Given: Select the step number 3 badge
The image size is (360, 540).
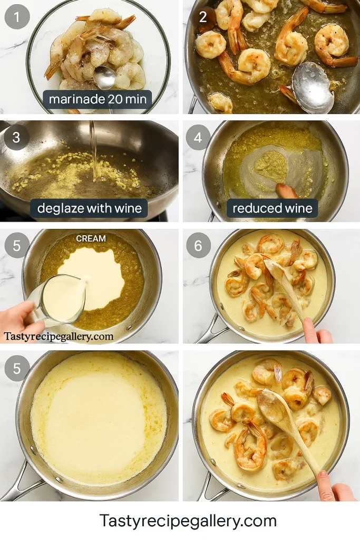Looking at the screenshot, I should pos(16,138).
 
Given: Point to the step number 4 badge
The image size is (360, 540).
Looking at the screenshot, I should pos(198,138).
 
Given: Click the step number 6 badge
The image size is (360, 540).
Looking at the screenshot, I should pos(198,245).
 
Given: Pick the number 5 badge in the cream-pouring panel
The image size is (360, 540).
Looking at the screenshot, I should pos(16,245).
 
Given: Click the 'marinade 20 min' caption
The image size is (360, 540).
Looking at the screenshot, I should pos(98,99).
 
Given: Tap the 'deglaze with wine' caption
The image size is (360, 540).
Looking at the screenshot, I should pos(89,208).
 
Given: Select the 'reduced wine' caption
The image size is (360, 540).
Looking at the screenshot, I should pos(273,208).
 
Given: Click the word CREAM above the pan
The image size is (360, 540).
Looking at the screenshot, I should pos(91,238).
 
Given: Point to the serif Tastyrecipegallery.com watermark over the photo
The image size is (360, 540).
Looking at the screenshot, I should pos(59,336).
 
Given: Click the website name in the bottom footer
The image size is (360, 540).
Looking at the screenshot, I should pos(188,521).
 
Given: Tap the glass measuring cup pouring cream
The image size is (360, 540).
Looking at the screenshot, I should pos(58,300).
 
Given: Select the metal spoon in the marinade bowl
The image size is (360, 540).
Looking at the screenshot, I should pos(105,78).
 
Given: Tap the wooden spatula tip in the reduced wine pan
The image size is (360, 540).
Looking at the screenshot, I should pos(288,191).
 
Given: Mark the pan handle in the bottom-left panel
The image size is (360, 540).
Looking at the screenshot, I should pos(18,483).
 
